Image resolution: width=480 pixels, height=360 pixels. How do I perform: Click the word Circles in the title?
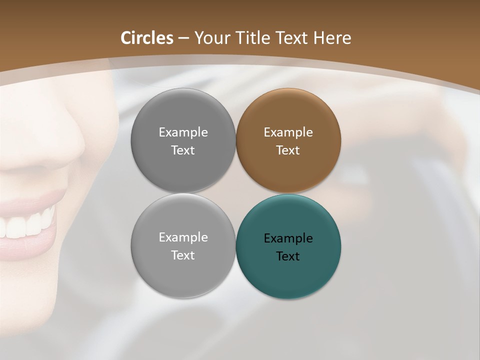click(x=146, y=38)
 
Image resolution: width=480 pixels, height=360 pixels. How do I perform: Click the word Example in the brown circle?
click(x=288, y=132)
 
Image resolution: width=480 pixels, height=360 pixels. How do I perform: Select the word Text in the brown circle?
click(x=288, y=150)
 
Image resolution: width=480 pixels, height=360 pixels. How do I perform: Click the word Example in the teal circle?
click(x=288, y=238)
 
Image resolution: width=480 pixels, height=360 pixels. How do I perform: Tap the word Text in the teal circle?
click(x=288, y=256)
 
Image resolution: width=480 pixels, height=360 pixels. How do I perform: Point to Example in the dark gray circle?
click(x=183, y=132)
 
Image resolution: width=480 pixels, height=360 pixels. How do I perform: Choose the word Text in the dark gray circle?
click(x=183, y=150)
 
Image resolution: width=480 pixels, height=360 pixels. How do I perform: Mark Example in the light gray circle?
click(x=183, y=237)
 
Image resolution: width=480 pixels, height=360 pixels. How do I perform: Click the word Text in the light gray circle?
click(x=183, y=255)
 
